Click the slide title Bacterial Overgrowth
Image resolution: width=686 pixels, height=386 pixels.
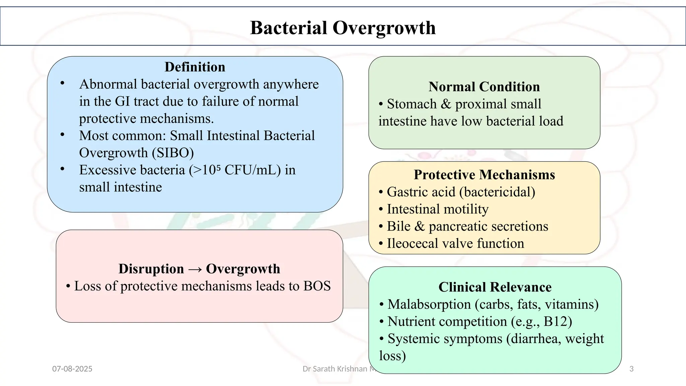343,28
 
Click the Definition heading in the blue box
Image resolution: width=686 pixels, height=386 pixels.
195,67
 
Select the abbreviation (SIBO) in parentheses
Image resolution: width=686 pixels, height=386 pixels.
173,153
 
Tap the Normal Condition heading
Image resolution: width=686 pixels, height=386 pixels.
484,87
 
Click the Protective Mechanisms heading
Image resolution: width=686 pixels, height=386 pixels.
484,175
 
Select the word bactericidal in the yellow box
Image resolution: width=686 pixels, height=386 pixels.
497,192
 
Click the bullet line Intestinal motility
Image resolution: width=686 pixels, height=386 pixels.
437,209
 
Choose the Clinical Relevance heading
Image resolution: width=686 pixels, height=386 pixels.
495,287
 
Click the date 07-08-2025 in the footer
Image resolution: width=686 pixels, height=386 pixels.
72,369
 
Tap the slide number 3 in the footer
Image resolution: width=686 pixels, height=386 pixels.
631,369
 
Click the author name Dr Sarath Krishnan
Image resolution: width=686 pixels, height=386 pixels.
335,369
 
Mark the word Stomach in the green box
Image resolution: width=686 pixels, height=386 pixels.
412,104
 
